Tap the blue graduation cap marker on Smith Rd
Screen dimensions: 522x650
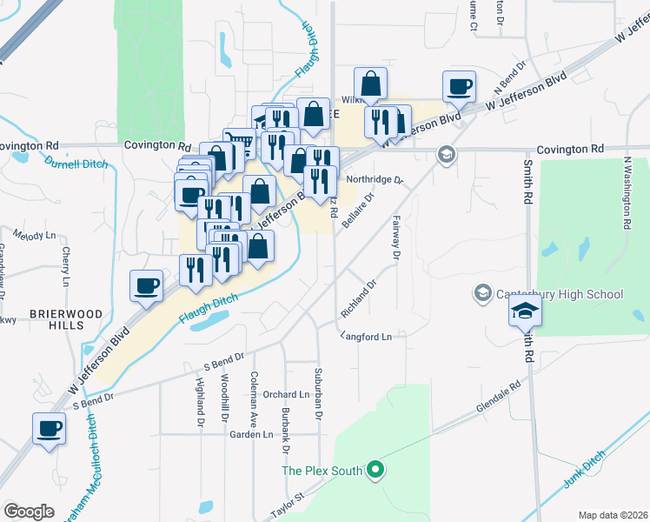click(x=525, y=311)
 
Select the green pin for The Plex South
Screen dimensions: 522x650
click(x=375, y=471)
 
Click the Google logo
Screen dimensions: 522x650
click(x=29, y=511)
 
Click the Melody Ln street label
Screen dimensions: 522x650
click(x=36, y=236)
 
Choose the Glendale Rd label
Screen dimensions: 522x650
click(x=497, y=396)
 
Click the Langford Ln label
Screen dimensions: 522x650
click(x=367, y=336)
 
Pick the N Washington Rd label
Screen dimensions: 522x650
click(x=626, y=191)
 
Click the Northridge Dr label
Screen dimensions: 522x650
click(x=375, y=180)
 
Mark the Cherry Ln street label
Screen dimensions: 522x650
click(x=66, y=266)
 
